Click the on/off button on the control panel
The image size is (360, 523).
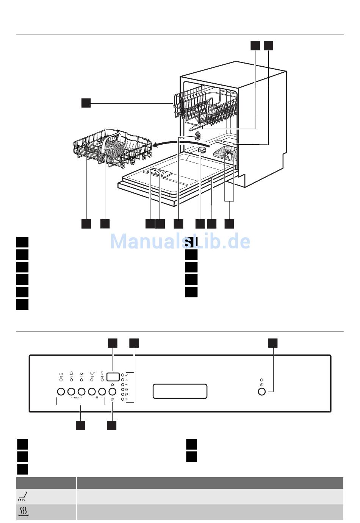261,391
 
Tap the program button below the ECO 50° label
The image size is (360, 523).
61,391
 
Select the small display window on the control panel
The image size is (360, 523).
113,377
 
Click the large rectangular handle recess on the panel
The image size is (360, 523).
180,391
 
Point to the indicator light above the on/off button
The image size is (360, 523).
261,380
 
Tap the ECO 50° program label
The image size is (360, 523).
61,375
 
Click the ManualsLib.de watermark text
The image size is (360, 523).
180,241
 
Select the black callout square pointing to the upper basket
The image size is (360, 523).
86,103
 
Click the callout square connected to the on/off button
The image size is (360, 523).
273,343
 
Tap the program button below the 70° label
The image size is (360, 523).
71,391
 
